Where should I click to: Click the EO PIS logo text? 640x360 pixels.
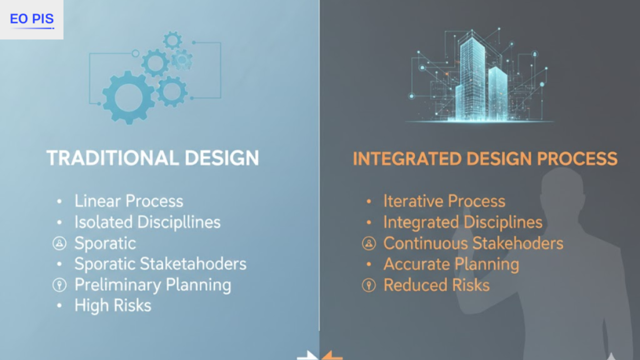tap(32, 19)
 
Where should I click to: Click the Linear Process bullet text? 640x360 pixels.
tap(129, 201)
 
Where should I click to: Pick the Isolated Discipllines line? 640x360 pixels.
tap(147, 222)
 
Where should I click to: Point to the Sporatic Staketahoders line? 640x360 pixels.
tap(161, 264)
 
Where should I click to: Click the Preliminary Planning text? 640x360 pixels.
tap(152, 285)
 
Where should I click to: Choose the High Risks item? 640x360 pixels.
tap(112, 306)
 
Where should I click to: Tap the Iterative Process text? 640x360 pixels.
tap(444, 201)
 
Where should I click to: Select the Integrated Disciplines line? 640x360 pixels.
tap(462, 222)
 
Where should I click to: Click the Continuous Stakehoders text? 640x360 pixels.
tap(473, 243)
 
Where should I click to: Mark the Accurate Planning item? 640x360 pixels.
tap(451, 264)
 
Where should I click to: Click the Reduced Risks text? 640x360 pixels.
tap(436, 285)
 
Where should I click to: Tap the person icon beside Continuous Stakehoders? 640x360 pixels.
tap(369, 243)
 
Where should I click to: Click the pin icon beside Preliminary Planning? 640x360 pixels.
tap(59, 285)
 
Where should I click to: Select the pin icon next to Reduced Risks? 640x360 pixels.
tap(369, 286)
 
